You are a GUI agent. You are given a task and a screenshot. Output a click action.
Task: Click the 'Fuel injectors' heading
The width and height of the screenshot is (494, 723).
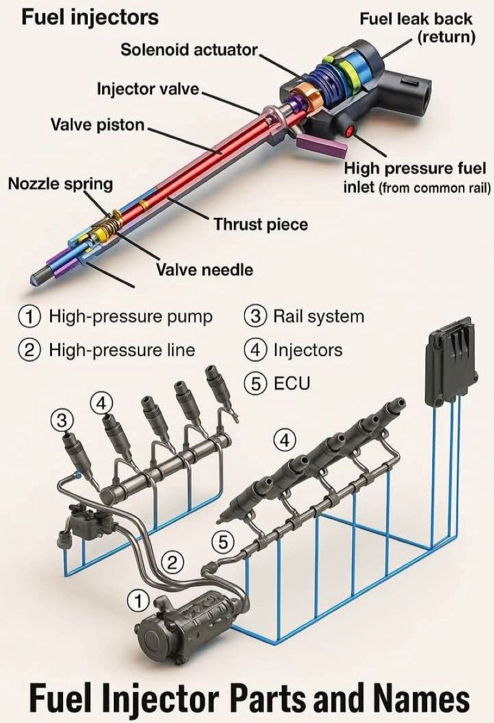point(90,17)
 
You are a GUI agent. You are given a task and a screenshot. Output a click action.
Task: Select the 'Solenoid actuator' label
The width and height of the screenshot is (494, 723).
point(189,50)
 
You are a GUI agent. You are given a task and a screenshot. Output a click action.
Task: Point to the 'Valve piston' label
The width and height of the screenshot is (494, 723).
point(97,125)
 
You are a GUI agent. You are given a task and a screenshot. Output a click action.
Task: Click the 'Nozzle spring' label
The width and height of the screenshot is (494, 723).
point(61,183)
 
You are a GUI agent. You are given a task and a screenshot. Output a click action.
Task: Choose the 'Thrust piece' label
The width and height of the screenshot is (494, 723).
point(260,224)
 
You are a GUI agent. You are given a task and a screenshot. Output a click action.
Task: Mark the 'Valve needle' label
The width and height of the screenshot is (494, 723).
point(204,269)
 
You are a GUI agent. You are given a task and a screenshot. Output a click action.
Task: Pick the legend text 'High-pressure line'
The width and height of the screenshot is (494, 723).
point(122,350)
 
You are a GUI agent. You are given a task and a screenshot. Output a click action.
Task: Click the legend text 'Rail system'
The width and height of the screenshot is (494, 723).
point(318,317)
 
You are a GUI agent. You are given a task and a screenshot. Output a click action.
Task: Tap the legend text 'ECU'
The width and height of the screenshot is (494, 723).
point(292,383)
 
